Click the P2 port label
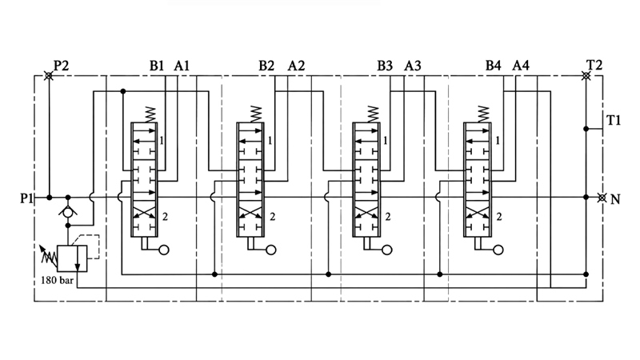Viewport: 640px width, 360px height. (x=62, y=66)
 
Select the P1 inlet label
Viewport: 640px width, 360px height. (x=26, y=198)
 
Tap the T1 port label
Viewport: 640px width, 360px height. (x=614, y=121)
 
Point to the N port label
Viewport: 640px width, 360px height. (x=615, y=199)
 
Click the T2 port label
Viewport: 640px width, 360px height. (x=594, y=65)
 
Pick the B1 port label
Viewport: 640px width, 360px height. (x=156, y=66)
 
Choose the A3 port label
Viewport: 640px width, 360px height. (x=413, y=66)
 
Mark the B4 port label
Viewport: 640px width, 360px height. (x=493, y=66)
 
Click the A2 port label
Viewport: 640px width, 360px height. (x=296, y=66)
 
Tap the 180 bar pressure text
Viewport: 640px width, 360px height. (x=57, y=281)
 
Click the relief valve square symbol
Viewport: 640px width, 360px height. (x=72, y=258)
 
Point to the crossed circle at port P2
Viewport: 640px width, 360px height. (x=48, y=76)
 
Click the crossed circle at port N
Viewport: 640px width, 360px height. (x=602, y=198)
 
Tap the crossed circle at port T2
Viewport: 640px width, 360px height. (x=586, y=76)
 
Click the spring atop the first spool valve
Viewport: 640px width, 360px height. (x=150, y=114)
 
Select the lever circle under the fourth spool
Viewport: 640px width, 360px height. (x=498, y=250)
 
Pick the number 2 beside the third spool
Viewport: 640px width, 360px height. (x=388, y=216)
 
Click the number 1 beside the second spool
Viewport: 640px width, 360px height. (x=270, y=141)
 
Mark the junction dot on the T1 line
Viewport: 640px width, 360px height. (x=586, y=129)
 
